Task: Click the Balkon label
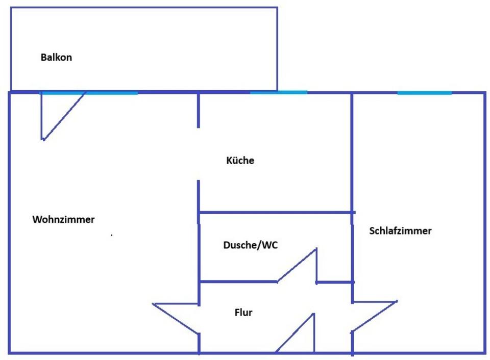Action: pyautogui.click(x=56, y=57)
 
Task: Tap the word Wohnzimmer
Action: pyautogui.click(x=63, y=220)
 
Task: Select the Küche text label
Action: pyautogui.click(x=240, y=161)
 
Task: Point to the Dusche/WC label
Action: pyautogui.click(x=250, y=245)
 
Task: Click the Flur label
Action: pyautogui.click(x=243, y=313)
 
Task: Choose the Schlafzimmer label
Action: pyautogui.click(x=400, y=231)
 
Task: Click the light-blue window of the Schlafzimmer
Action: pyautogui.click(x=424, y=93)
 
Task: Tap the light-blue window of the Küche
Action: pyautogui.click(x=279, y=92)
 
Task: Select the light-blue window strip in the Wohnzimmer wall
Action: pyautogui.click(x=89, y=93)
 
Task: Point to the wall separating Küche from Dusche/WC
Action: pyautogui.click(x=276, y=212)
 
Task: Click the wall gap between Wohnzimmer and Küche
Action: pyautogui.click(x=199, y=153)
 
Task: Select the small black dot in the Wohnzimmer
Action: pyautogui.click(x=112, y=235)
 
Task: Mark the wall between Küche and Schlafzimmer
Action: pyautogui.click(x=352, y=153)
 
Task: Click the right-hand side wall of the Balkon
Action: pyautogui.click(x=277, y=49)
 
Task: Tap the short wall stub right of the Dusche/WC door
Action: pyautogui.click(x=335, y=281)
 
